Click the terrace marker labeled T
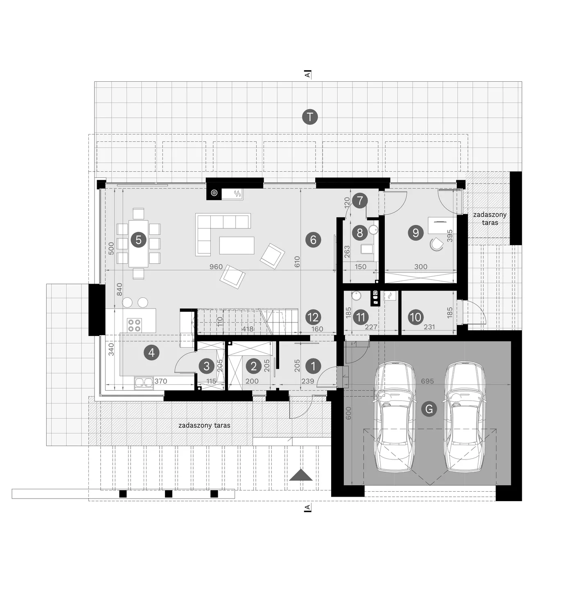pos(310,117)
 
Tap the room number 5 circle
pos(138,240)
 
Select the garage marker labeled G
pos(429,409)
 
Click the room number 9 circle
pos(416,233)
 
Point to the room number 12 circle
pos(313,317)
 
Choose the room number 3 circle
pos(206,366)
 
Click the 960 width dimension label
pos(216,267)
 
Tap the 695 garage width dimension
pos(427,381)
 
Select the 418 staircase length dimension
pos(248,329)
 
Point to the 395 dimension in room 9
pos(450,236)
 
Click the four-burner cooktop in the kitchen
pos(134,325)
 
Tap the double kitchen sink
pos(144,383)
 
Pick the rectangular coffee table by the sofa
pos(237,245)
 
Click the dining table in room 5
pos(138,243)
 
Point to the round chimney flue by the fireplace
pos(214,193)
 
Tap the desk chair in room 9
pos(436,244)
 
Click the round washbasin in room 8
pos(373,229)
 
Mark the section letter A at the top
pos(307,74)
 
